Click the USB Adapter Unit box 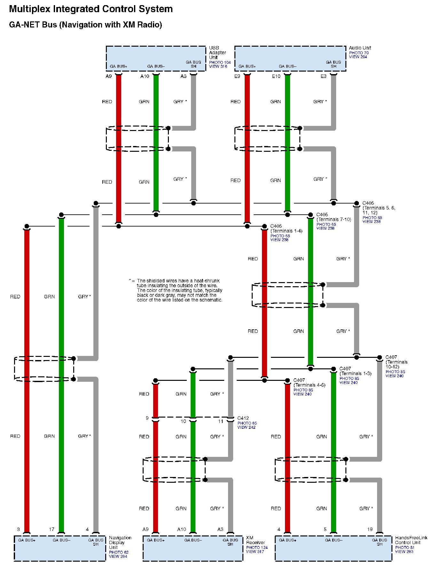(x=156, y=58)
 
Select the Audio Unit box (x=290, y=58)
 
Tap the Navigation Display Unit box (x=60, y=548)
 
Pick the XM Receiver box (x=193, y=548)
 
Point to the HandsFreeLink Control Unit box (x=333, y=548)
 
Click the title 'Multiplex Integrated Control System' (x=91, y=9)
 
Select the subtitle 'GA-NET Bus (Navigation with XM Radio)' (x=85, y=25)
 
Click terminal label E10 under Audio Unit (x=276, y=76)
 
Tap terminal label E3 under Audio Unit (x=323, y=76)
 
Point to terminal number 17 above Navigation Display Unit (x=51, y=529)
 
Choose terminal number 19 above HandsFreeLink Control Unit (x=370, y=529)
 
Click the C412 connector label (x=243, y=418)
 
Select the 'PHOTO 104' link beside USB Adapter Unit (x=220, y=63)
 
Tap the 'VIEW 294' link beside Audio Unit (x=358, y=57)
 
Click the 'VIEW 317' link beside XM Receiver (x=255, y=552)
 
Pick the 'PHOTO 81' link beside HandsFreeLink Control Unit (x=405, y=548)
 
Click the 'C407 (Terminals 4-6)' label (x=309, y=382)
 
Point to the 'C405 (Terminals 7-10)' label (x=333, y=217)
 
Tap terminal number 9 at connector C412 (x=147, y=418)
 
